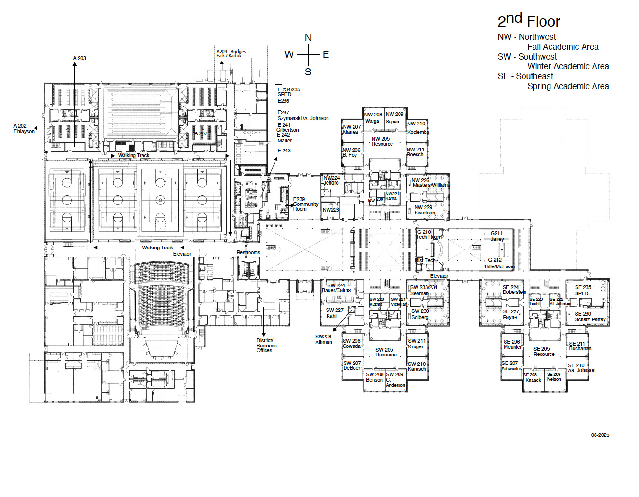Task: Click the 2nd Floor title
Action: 528,21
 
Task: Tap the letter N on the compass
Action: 308,38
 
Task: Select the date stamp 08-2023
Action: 600,435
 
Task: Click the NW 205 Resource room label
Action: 382,142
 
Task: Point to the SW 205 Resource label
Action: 386,352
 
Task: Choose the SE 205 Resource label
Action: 543,351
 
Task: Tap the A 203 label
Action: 80,58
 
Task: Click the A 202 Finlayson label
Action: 24,129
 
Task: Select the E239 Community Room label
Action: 305,204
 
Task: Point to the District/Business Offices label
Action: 266,346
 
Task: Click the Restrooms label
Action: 248,252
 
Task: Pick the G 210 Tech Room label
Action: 428,234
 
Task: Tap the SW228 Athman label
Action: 324,339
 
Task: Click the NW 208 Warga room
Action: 373,117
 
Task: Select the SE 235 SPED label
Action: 583,290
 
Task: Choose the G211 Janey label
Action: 497,236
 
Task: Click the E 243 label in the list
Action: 284,151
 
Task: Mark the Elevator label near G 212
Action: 439,276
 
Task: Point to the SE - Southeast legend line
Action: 525,76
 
